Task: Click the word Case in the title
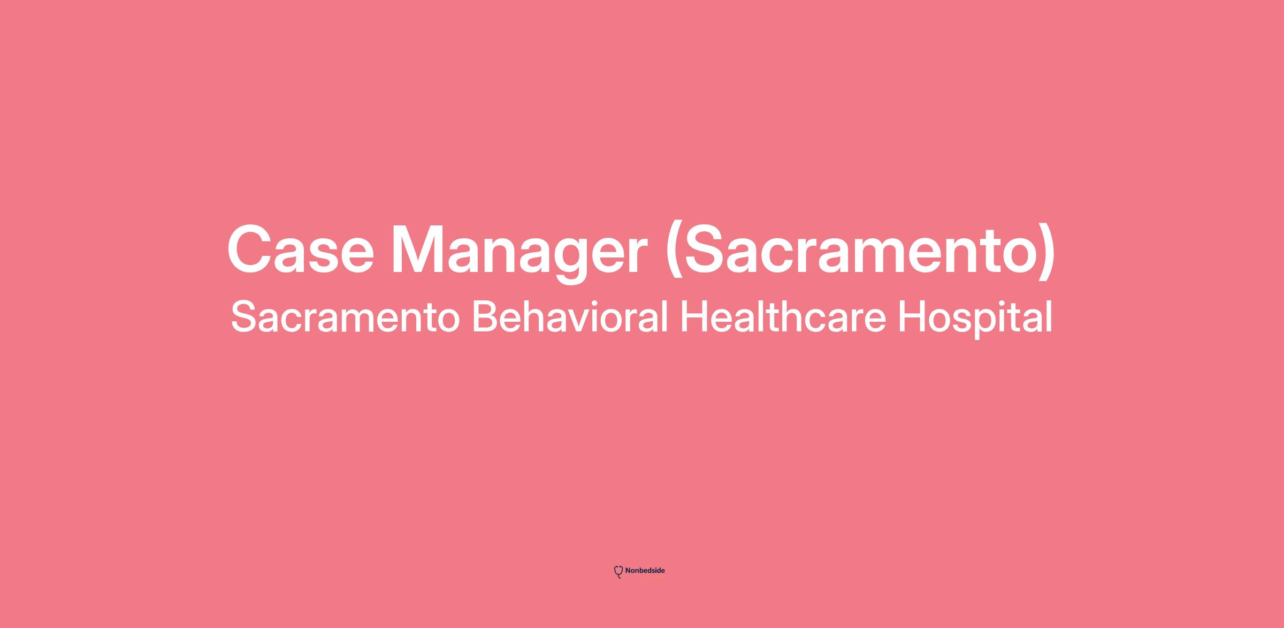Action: pyautogui.click(x=301, y=249)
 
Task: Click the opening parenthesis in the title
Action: pyautogui.click(x=674, y=252)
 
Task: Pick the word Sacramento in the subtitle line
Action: pyautogui.click(x=346, y=316)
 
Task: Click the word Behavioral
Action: pyautogui.click(x=570, y=316)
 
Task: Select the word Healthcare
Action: pyautogui.click(x=783, y=316)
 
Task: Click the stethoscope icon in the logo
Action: pyautogui.click(x=618, y=572)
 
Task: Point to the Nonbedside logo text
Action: pyautogui.click(x=645, y=571)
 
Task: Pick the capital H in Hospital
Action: pyautogui.click(x=912, y=316)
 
